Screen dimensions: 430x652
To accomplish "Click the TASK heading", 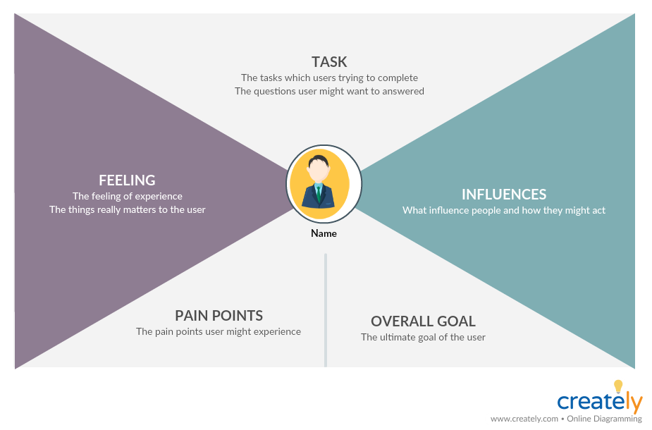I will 329,62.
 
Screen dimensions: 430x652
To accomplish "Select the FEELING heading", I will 127,180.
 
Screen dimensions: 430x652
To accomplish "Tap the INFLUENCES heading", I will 503,194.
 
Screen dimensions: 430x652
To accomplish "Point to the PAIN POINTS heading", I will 219,315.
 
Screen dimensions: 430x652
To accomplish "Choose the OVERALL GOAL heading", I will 423,321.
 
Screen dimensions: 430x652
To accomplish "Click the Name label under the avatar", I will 324,233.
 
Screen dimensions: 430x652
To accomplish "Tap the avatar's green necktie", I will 319,192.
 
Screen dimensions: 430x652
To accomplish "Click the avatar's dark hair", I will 320,160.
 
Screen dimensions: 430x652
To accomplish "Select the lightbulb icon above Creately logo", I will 618,386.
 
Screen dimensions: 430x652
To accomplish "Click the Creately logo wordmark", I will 599,402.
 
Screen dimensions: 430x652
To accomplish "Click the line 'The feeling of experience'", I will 127,196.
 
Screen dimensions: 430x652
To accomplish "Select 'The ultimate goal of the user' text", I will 423,337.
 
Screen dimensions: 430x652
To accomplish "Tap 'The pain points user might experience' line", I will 219,331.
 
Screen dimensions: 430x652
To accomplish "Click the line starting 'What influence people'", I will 503,210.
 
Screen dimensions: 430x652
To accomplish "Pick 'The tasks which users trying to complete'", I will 329,78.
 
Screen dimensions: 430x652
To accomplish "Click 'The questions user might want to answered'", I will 329,91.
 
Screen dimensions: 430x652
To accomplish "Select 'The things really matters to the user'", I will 127,209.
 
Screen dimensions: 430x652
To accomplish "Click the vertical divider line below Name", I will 325,310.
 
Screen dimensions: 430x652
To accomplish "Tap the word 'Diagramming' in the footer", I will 619,419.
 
